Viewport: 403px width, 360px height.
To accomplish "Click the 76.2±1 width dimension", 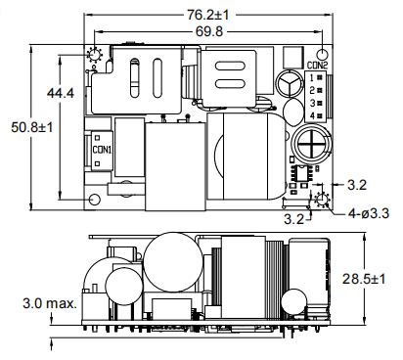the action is pyautogui.click(x=207, y=15).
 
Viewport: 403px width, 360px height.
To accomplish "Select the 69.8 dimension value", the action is pyautogui.click(x=209, y=31).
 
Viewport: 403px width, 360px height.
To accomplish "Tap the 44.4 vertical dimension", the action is pyautogui.click(x=61, y=93).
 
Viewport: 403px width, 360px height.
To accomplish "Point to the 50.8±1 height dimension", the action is pyautogui.click(x=31, y=127).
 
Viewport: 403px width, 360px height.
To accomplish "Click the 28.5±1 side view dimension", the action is pyautogui.click(x=364, y=279).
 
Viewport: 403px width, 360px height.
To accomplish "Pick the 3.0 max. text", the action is pyautogui.click(x=50, y=303).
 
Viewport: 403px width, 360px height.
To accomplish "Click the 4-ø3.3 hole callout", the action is pyautogui.click(x=369, y=213).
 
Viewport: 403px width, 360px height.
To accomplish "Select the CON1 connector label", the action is pyautogui.click(x=102, y=150).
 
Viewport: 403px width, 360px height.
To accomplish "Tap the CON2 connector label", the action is pyautogui.click(x=317, y=66).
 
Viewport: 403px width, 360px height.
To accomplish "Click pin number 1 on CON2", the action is pyautogui.click(x=312, y=77).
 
